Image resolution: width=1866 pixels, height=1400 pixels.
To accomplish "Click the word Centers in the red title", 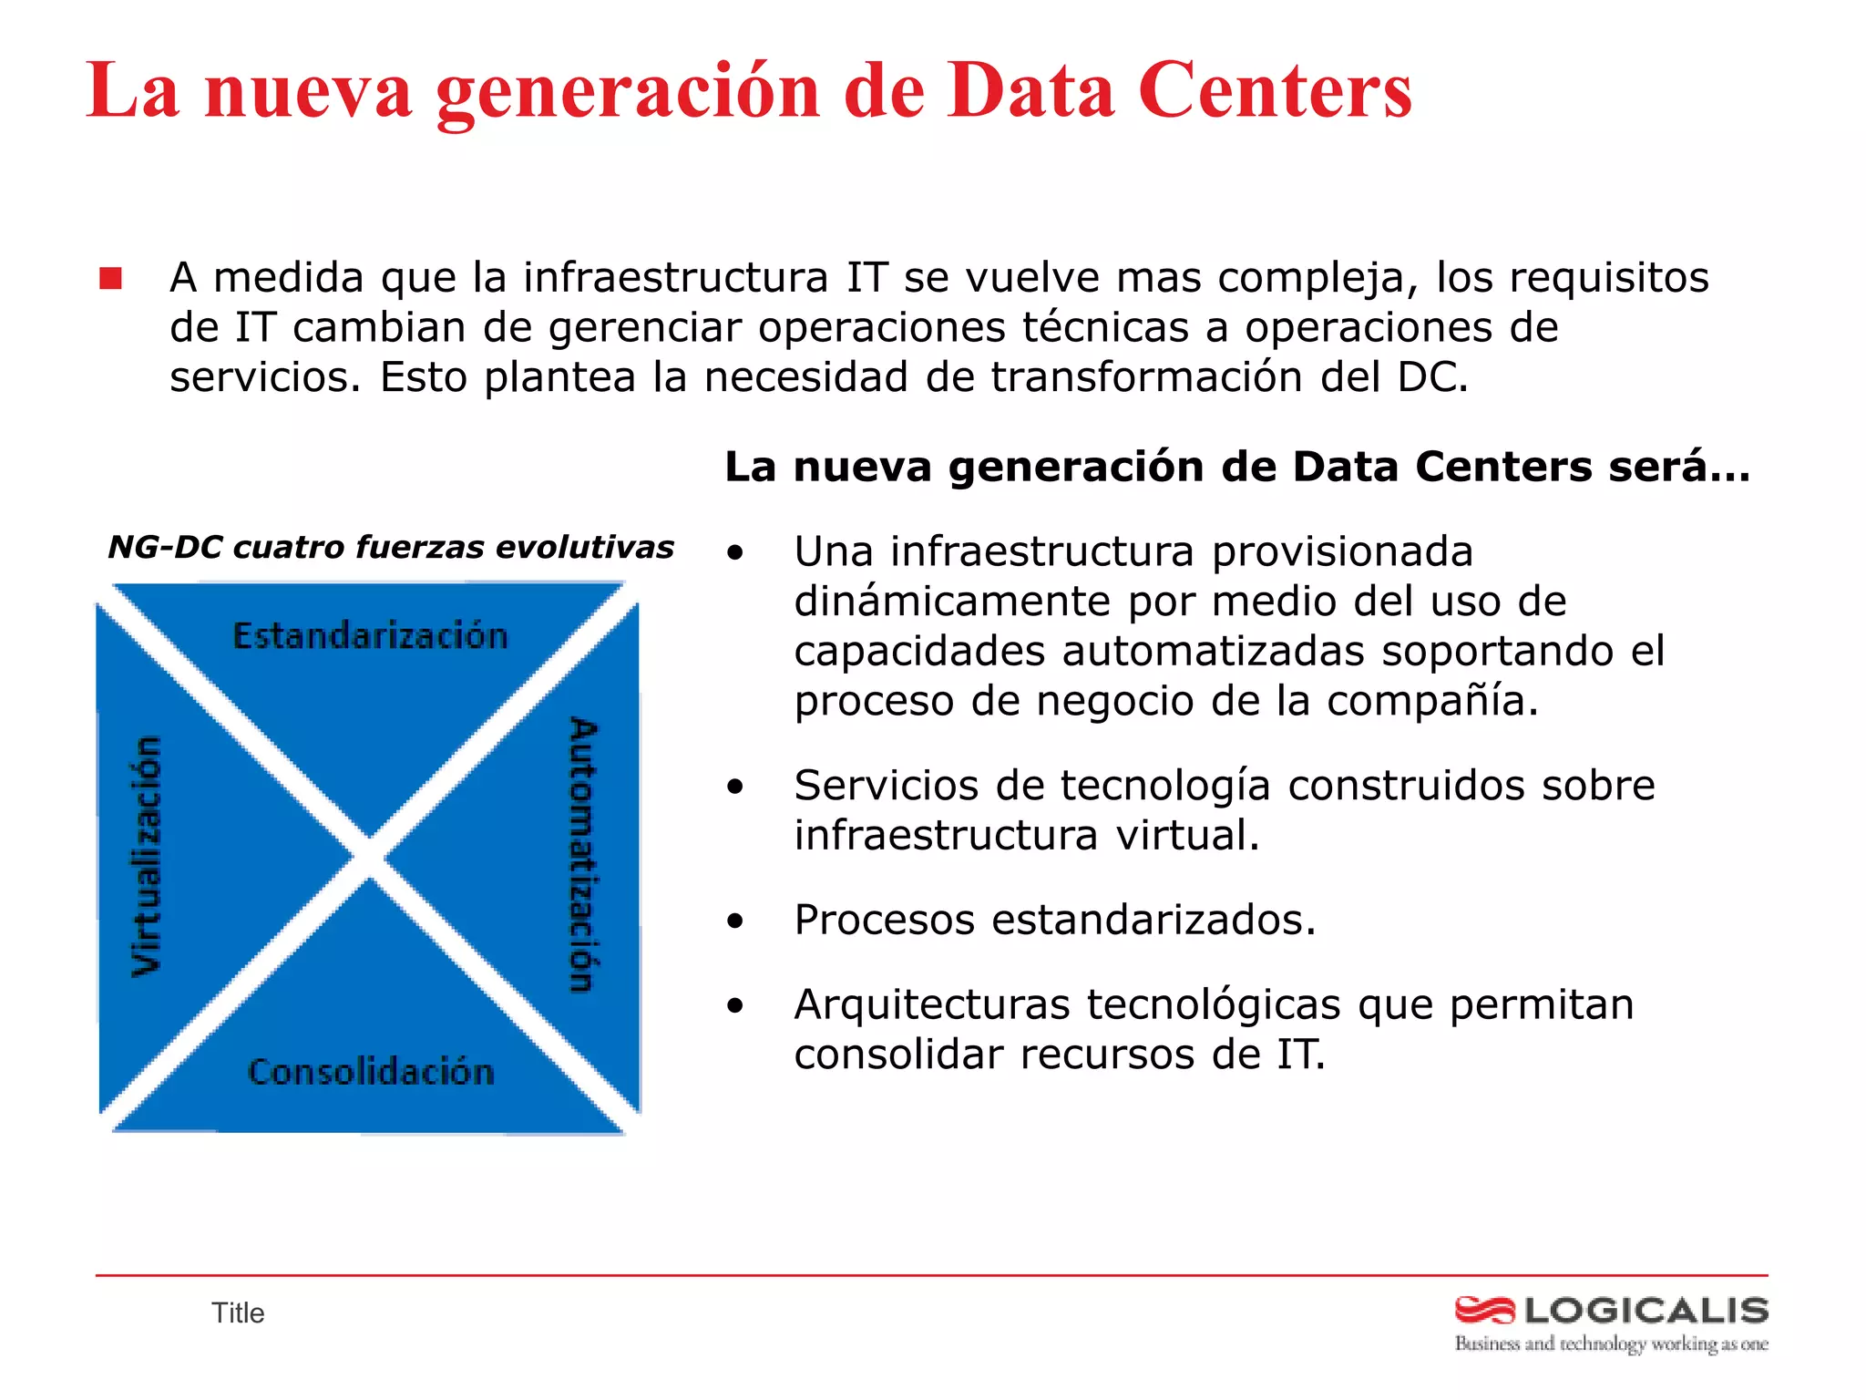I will (1276, 91).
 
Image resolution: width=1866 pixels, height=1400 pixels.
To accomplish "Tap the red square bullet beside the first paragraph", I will (111, 279).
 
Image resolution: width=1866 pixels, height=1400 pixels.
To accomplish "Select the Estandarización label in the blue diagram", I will (370, 635).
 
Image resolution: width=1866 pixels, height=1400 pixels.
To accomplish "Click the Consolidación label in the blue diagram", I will (371, 1072).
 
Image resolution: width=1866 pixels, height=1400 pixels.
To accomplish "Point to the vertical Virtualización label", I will (147, 856).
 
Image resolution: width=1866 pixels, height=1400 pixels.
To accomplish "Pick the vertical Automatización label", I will (582, 854).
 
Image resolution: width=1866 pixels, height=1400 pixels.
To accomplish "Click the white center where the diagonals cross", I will (369, 858).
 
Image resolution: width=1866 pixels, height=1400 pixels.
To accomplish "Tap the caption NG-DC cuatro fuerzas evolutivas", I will (391, 547).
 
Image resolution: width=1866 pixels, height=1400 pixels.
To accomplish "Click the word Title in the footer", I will (238, 1313).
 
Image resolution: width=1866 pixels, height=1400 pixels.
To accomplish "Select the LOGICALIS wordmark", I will (1646, 1311).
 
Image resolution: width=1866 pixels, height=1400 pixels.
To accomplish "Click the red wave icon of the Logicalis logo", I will (1484, 1311).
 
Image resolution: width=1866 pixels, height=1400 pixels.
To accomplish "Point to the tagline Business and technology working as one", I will (1611, 1344).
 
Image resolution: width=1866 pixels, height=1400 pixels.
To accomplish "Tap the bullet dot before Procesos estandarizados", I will (735, 921).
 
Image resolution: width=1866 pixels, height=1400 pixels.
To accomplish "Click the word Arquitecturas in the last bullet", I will (932, 1004).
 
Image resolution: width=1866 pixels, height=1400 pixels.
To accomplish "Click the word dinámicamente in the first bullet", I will (952, 602).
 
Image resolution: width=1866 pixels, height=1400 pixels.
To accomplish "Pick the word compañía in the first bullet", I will (1432, 701).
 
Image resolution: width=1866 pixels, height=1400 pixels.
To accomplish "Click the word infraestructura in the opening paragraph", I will (675, 278).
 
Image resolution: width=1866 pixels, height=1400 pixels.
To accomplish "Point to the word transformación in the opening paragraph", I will (1146, 377).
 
